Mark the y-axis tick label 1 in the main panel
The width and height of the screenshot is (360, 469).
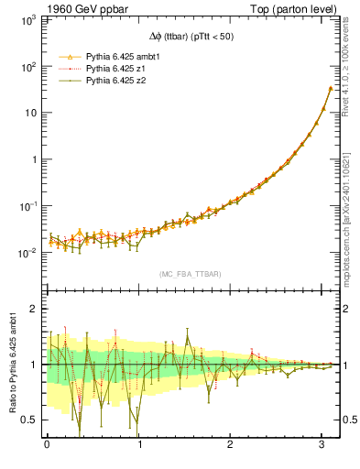coord(35,159)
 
